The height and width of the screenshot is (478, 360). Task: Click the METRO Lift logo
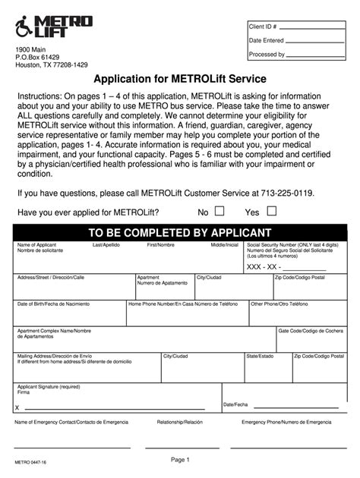[53, 27]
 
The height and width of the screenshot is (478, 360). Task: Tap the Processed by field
[316, 55]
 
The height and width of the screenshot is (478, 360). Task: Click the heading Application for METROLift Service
[180, 80]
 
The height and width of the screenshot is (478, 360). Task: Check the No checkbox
[219, 212]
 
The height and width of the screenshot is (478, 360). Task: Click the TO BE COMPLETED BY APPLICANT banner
[179, 232]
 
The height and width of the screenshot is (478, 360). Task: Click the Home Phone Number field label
[178, 303]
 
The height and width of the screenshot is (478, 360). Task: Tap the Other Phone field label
[279, 303]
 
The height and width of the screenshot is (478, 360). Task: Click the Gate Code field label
[311, 331]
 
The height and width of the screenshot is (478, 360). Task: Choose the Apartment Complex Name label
[54, 331]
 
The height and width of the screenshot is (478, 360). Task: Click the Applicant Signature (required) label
[49, 386]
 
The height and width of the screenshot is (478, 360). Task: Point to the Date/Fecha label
[235, 404]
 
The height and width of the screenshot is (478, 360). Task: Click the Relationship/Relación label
[179, 422]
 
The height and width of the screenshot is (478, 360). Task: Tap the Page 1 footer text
[180, 460]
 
